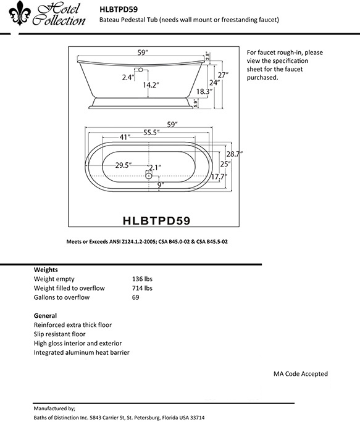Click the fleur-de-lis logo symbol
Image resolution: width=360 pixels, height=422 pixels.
pos(20,13)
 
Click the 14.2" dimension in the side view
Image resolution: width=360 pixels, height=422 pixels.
pos(151,85)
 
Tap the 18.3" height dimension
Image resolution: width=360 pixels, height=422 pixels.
pos(204,91)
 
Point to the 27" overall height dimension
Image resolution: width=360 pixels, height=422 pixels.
pos(223,75)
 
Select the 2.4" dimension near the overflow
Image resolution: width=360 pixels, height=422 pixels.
pos(128,78)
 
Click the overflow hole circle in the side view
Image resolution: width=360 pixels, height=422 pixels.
pos(141,70)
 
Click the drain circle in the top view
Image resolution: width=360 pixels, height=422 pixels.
pos(149,176)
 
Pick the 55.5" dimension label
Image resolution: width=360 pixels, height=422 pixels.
pos(151,133)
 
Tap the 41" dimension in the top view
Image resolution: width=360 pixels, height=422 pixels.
pos(125,137)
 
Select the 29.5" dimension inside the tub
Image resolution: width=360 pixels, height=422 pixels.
pos(123,165)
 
